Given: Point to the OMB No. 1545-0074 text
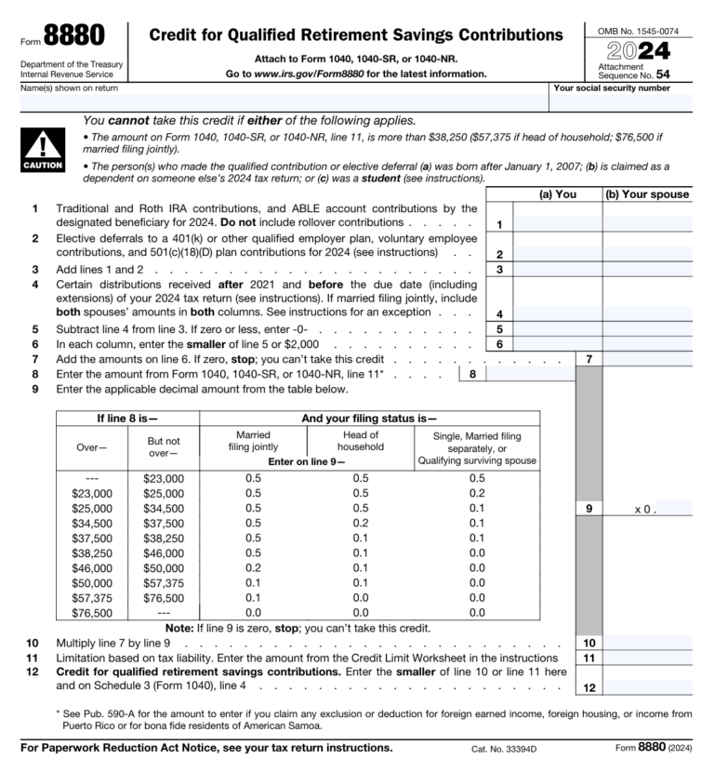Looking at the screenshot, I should point(638,31).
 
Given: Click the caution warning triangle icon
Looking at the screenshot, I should point(42,146).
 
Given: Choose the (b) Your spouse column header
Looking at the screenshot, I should point(647,194).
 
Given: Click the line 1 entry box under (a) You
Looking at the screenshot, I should point(558,224).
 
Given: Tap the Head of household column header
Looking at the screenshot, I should point(360,441).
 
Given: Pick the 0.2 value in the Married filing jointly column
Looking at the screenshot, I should point(253,567).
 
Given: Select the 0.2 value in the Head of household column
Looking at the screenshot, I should point(360,523).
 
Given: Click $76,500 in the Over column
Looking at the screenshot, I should point(92,613).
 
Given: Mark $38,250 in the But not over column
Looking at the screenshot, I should point(164,538).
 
